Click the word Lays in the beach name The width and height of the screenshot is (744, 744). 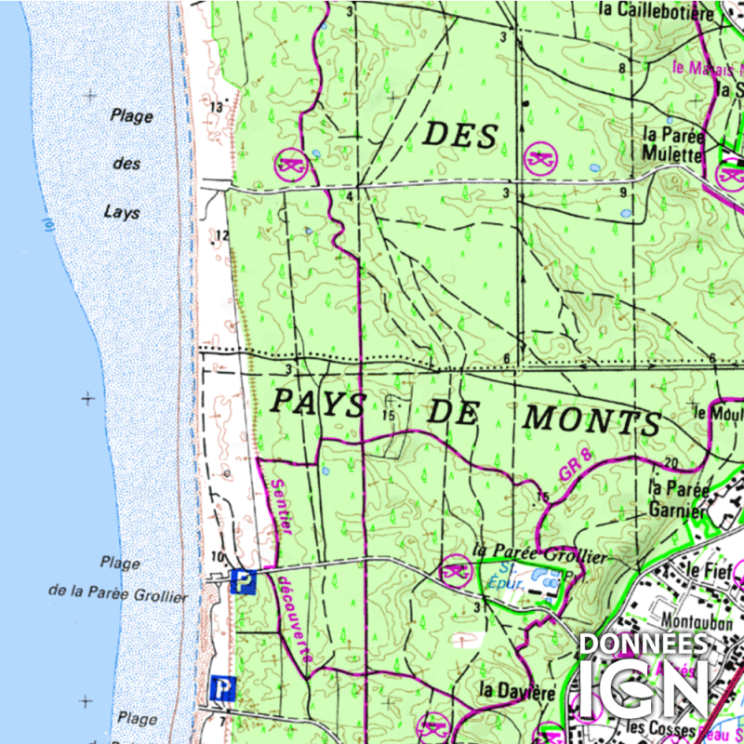(122, 213)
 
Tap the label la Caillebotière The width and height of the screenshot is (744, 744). (657, 11)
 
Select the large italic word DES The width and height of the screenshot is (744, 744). (461, 136)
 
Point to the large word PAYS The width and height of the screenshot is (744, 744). (317, 403)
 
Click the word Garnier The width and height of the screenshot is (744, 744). (677, 510)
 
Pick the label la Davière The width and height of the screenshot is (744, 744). (517, 692)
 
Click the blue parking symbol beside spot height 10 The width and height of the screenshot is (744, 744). (242, 582)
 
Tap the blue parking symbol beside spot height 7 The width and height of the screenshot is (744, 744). (222, 688)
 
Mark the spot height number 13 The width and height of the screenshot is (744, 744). (217, 109)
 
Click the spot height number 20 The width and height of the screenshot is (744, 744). (671, 463)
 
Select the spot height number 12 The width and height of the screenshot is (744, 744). (220, 235)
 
